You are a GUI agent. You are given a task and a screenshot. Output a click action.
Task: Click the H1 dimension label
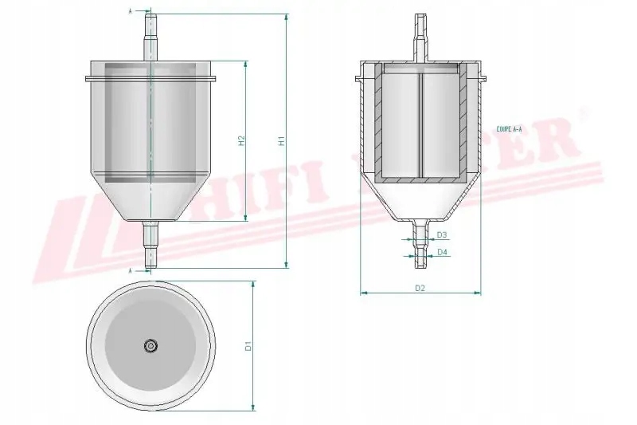280,140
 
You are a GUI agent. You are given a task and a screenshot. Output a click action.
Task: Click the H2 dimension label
240,140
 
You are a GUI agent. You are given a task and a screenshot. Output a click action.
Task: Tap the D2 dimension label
420,287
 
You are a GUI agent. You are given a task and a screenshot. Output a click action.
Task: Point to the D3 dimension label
442,235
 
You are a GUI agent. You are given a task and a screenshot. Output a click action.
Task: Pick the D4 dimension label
442,252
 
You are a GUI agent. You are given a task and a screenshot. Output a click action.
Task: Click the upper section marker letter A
131,11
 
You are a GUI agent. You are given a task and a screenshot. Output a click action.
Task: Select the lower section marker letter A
131,270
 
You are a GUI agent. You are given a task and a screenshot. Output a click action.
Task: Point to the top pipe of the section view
420,36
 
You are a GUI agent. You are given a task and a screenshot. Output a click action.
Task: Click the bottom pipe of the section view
420,239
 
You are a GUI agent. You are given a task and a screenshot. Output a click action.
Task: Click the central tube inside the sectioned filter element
420,124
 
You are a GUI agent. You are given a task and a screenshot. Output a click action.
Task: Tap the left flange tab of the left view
88,78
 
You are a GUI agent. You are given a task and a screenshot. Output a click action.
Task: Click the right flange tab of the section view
482,78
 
